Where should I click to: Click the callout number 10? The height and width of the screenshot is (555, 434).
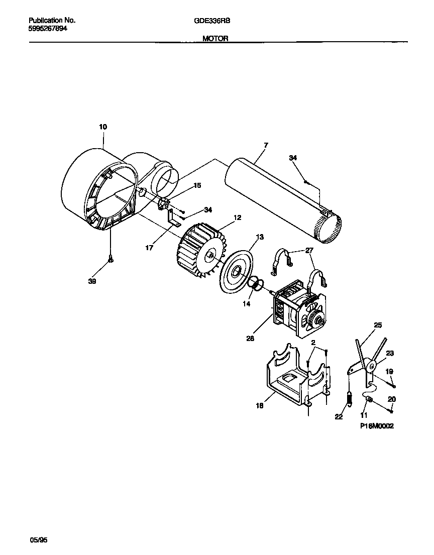(x=102, y=127)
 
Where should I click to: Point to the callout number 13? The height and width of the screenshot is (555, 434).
(x=259, y=237)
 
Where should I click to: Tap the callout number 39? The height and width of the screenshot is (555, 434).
(x=92, y=282)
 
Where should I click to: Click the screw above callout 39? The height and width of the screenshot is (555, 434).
(x=110, y=259)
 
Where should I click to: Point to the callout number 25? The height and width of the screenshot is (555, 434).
(x=378, y=325)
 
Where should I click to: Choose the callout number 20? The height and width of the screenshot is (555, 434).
(x=392, y=399)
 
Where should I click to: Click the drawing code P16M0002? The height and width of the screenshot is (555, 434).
(x=377, y=426)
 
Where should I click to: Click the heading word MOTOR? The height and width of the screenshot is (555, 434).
(x=215, y=38)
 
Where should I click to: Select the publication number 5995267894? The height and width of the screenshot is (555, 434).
(x=48, y=29)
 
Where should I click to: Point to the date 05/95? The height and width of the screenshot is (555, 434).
(x=40, y=540)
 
